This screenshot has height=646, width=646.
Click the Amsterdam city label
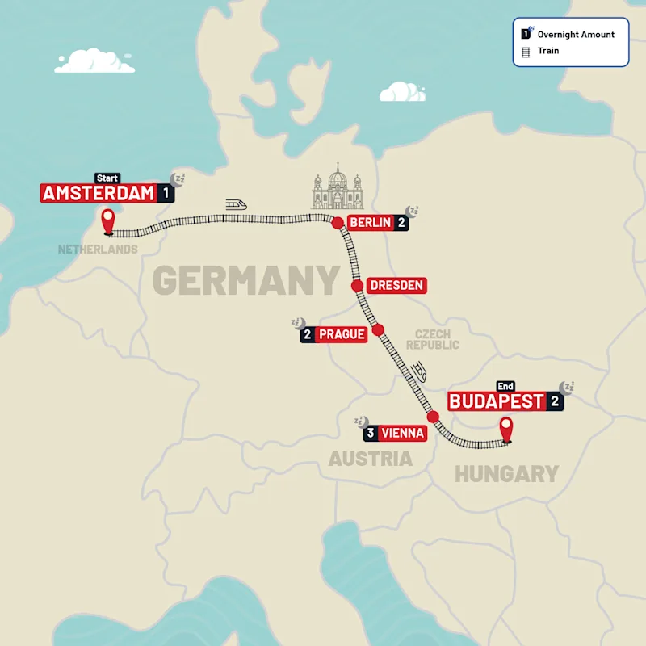tap(98, 193)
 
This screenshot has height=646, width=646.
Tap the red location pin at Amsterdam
tap(107, 220)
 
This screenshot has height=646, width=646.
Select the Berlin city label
tap(371, 223)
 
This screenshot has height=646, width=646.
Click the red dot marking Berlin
tap(338, 223)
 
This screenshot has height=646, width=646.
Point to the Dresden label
tap(396, 285)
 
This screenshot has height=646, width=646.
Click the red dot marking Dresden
tap(356, 285)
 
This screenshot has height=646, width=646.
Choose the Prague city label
tap(341, 334)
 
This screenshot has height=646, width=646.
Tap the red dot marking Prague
tap(378, 329)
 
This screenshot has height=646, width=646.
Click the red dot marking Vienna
tap(433, 417)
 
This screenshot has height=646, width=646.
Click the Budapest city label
tap(497, 401)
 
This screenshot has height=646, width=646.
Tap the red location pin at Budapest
tap(506, 429)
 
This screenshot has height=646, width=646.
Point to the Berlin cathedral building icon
tap(338, 188)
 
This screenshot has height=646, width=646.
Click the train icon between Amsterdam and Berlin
tap(237, 205)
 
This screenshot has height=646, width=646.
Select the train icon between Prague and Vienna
tap(421, 371)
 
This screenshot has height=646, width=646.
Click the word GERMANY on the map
tap(245, 281)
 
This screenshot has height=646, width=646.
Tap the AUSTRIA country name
tap(370, 459)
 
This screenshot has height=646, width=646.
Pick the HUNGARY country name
tap(506, 474)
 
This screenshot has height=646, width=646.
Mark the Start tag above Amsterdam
tap(107, 178)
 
